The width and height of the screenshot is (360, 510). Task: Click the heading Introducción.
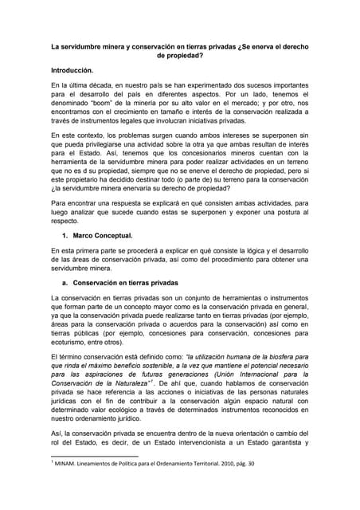76,70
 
